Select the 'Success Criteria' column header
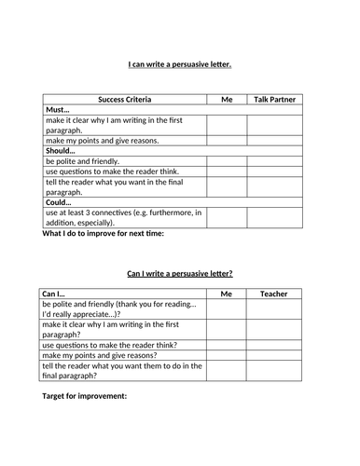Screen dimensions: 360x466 tap(124, 98)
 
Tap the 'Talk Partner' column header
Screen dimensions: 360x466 tap(273, 98)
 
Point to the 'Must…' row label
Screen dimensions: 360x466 tap(58, 109)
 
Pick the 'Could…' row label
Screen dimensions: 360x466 tap(59, 202)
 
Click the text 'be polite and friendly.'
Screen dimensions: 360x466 tap(84, 161)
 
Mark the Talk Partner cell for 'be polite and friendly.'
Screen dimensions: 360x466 tap(273, 161)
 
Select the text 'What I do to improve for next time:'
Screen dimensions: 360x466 tap(104, 233)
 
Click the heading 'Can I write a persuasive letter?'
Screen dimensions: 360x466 tap(179, 274)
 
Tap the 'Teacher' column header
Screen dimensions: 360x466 tap(273, 294)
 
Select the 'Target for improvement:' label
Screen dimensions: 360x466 tap(85, 396)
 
